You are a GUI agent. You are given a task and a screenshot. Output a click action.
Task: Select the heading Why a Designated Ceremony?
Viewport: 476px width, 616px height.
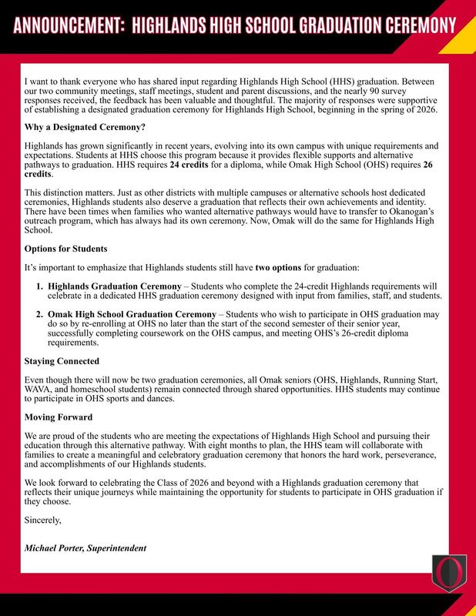[85, 126]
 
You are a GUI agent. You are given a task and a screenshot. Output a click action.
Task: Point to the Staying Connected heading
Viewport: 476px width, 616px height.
[62, 360]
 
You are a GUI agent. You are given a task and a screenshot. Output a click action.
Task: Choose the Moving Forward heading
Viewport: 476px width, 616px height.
[59, 417]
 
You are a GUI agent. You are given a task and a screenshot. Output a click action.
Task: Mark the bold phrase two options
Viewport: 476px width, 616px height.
[278, 267]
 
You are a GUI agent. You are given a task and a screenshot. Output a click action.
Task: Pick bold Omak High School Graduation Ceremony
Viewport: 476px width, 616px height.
[131, 315]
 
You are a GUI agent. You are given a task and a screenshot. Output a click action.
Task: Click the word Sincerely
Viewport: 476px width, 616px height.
[43, 519]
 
